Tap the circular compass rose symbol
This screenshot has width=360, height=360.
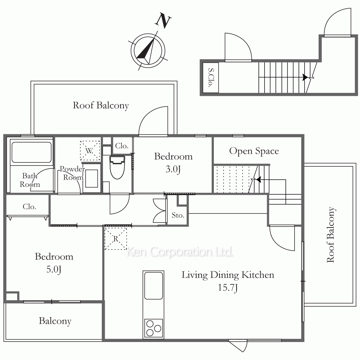[x=148, y=50]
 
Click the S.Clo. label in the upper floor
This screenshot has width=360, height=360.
[x=211, y=78]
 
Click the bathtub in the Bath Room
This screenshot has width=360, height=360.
[x=31, y=152]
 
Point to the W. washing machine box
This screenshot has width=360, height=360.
[x=90, y=150]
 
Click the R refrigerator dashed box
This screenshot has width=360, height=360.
[x=116, y=239]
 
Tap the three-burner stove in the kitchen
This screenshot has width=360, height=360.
[x=154, y=328]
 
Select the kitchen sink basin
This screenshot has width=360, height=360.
[x=154, y=286]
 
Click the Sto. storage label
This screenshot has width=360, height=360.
[x=178, y=215]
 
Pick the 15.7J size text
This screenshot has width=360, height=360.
[x=228, y=287]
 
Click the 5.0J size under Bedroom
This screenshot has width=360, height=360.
[x=54, y=269]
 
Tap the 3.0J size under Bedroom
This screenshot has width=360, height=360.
[x=173, y=169]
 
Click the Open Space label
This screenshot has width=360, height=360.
[x=254, y=151]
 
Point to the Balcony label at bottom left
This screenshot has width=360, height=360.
[x=55, y=321]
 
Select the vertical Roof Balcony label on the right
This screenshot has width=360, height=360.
[x=330, y=235]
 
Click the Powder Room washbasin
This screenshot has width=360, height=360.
[x=91, y=179]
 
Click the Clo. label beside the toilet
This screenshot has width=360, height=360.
[x=122, y=146]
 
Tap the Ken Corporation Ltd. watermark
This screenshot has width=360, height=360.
[x=180, y=252]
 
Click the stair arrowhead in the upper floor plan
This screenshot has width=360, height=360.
[x=305, y=77]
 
